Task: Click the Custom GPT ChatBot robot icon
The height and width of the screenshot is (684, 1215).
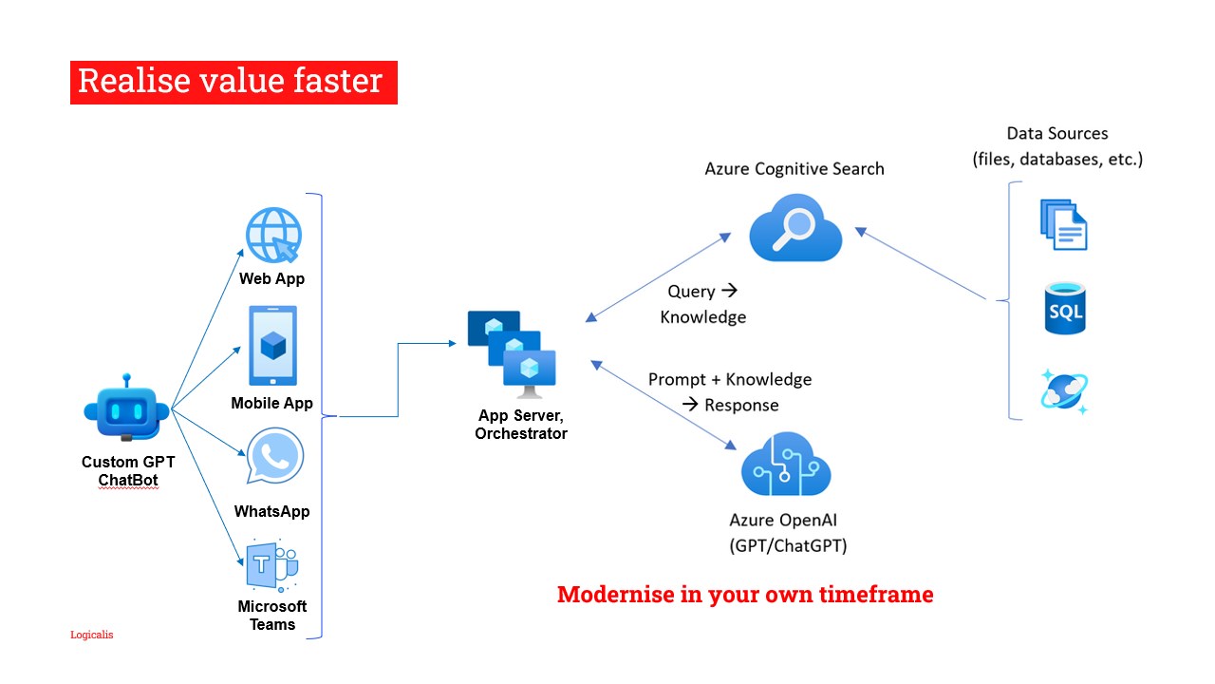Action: tap(126, 408)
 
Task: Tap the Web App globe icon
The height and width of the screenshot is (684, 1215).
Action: tap(273, 234)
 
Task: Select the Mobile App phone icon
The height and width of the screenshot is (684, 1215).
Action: tap(272, 345)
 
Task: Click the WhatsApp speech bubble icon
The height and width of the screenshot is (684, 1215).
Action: tap(275, 457)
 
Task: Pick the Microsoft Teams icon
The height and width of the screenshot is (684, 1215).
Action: tap(271, 566)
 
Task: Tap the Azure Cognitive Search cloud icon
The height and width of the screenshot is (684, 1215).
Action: tap(795, 227)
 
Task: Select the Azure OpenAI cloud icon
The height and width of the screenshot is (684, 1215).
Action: tap(785, 463)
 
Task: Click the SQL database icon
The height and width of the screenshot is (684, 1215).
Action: tap(1064, 308)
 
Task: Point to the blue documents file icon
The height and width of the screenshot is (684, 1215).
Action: tap(1063, 224)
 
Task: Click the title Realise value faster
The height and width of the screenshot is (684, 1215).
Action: tap(233, 82)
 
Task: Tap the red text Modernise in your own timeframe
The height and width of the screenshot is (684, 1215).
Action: tap(745, 595)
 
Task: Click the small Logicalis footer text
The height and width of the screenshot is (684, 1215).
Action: tap(92, 634)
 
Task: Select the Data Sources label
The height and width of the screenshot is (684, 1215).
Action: tap(1057, 146)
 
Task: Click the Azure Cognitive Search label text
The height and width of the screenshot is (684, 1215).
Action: tap(794, 169)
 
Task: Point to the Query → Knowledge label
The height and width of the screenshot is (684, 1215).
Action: tap(702, 304)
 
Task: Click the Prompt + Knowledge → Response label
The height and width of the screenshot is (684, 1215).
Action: tap(730, 391)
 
